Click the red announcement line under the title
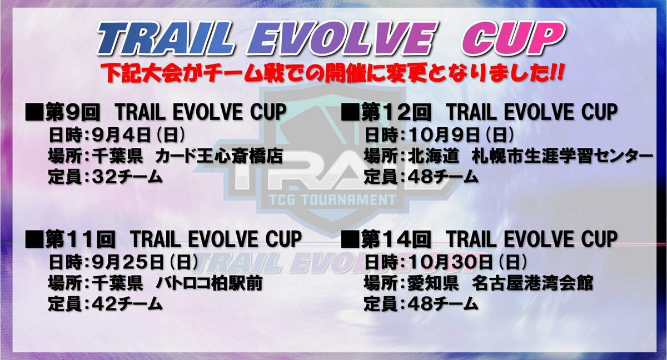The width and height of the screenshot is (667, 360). tap(331, 73)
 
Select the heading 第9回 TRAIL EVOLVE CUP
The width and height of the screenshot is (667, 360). tap(156, 112)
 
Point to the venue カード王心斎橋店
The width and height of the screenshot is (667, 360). tap(219, 156)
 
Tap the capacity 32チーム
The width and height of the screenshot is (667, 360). tap(127, 177)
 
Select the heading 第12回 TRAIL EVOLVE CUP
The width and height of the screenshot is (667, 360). tap(479, 112)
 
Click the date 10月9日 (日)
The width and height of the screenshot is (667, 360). tap(462, 136)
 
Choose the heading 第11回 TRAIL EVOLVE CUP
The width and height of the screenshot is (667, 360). tap(163, 239)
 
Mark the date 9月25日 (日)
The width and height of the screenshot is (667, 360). tap(145, 262)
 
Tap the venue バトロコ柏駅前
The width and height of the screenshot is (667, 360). tap(209, 283)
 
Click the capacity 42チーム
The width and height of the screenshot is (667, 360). tap(127, 304)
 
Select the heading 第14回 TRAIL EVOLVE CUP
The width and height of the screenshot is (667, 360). tap(479, 239)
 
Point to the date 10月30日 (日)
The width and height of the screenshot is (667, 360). tap(468, 262)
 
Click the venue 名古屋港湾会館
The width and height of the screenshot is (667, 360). tap(532, 283)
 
